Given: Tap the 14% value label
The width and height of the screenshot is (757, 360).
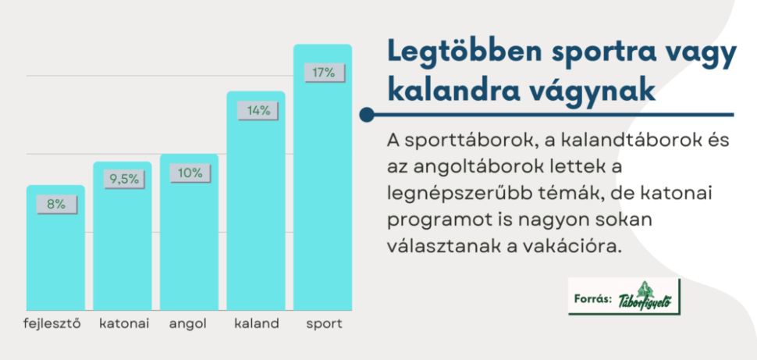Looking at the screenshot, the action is click(x=258, y=111).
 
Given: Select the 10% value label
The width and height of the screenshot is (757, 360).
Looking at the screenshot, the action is click(x=190, y=173).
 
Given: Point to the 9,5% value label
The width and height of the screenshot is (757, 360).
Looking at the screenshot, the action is click(x=124, y=180).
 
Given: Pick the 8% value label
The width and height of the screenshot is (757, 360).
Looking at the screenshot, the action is click(x=56, y=205).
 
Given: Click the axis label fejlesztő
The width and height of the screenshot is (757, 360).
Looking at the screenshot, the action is click(x=52, y=324).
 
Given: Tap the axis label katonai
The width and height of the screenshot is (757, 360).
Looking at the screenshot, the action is click(x=124, y=324).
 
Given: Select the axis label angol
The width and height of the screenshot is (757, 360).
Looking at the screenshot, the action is click(x=188, y=324).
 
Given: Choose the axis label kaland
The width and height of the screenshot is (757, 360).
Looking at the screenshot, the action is click(x=256, y=324).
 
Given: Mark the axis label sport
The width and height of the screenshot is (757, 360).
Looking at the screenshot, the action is click(x=324, y=324).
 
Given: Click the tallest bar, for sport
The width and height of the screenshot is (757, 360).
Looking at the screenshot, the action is click(x=322, y=177).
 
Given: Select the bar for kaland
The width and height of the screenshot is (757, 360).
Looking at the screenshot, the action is click(x=256, y=201).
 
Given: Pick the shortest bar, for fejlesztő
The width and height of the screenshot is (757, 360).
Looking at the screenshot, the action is click(x=55, y=248).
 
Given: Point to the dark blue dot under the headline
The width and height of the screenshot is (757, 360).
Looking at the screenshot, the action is click(x=367, y=115).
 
